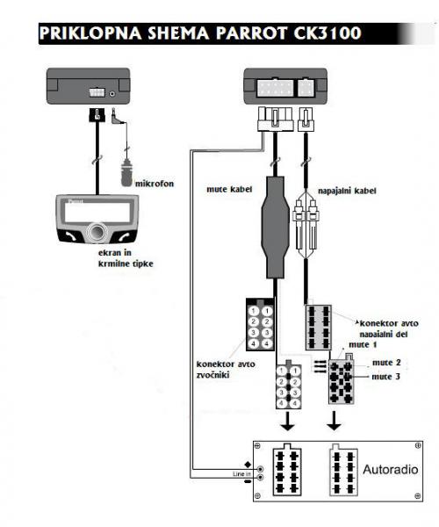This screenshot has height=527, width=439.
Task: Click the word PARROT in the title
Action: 251,33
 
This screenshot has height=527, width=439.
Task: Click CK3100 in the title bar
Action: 327,33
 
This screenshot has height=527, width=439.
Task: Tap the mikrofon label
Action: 155,184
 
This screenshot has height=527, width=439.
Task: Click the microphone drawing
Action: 126,172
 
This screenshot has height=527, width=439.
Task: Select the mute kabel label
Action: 229,189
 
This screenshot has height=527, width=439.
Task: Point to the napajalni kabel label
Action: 347,191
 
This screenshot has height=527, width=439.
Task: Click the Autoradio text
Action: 391,469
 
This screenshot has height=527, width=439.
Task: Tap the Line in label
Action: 241,474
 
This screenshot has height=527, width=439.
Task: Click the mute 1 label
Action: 363,345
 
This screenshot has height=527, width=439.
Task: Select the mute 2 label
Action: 386,363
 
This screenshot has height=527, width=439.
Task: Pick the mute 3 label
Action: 386,377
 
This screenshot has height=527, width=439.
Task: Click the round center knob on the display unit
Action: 97,233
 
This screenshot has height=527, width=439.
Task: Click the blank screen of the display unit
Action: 97,213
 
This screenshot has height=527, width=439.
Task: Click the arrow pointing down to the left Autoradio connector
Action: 287,421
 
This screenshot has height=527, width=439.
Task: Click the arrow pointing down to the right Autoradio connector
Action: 334,421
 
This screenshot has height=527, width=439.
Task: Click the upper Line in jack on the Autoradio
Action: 260,469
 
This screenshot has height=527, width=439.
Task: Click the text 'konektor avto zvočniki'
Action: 226,370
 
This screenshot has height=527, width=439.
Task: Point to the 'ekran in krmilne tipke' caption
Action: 126,258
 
